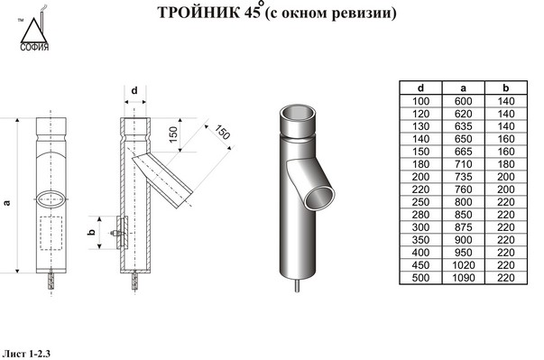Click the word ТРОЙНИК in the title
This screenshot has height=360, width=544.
pyautogui.click(x=198, y=13)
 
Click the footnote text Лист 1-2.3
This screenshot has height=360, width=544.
pyautogui.click(x=26, y=354)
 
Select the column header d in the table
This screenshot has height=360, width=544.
pyautogui.click(x=420, y=88)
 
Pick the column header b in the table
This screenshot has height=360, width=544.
pyautogui.click(x=506, y=88)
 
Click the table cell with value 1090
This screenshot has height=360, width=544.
pyautogui.click(x=463, y=278)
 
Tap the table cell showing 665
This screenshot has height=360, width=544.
pyautogui.click(x=463, y=152)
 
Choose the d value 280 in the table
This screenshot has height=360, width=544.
pyautogui.click(x=420, y=215)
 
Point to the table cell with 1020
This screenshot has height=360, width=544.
pyautogui.click(x=463, y=265)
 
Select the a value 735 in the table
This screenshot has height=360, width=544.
pyautogui.click(x=463, y=177)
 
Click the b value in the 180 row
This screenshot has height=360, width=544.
pyautogui.click(x=506, y=164)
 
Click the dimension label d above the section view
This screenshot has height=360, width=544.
pyautogui.click(x=134, y=90)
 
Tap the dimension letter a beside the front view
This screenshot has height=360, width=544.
pyautogui.click(x=6, y=202)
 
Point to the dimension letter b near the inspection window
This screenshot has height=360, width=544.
pyautogui.click(x=91, y=232)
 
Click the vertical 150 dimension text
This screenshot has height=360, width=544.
pyautogui.click(x=173, y=134)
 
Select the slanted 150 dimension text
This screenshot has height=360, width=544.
pyautogui.click(x=222, y=132)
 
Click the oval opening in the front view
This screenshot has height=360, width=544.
pyautogui.click(x=51, y=199)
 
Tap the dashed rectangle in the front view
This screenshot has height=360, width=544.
pyautogui.click(x=51, y=233)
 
